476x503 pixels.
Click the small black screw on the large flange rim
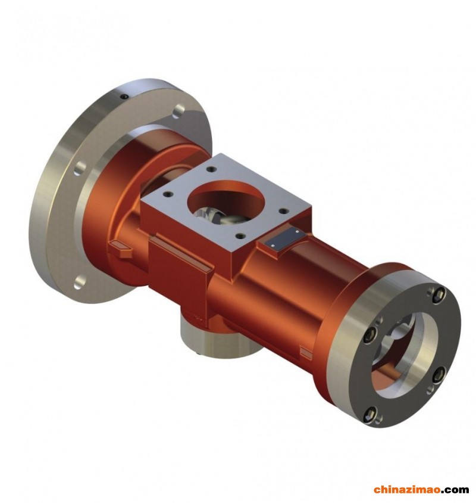(124, 96)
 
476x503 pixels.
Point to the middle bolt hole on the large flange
(80, 169)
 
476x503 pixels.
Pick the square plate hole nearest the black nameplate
(283, 211)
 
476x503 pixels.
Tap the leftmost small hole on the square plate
(167, 194)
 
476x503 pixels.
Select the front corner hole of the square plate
(239, 237)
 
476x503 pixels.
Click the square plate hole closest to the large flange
(211, 169)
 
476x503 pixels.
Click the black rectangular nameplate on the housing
(283, 238)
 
